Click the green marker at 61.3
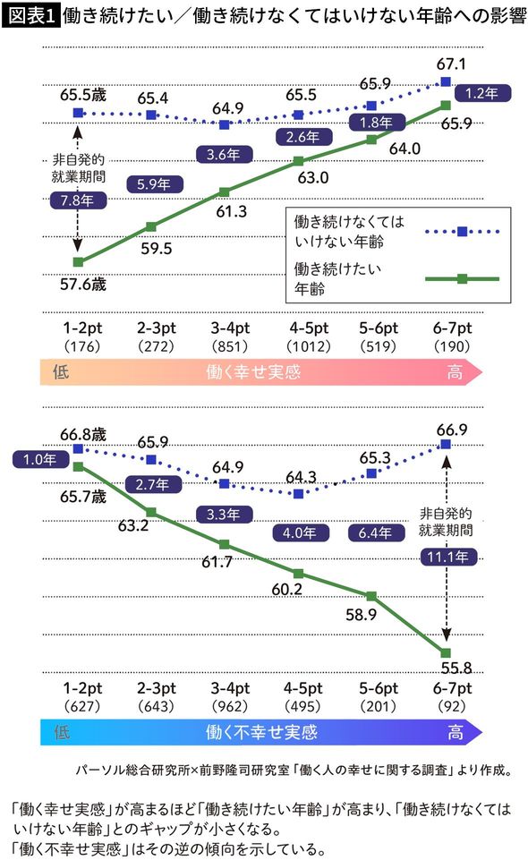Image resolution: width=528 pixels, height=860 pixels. pos(225,192)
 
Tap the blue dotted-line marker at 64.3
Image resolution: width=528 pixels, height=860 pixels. pos(299,493)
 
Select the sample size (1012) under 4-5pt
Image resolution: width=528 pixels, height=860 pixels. pos(299,345)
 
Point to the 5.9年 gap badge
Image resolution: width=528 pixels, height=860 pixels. pos(151,185)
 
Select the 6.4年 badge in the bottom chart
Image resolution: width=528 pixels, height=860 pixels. pos(372,532)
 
